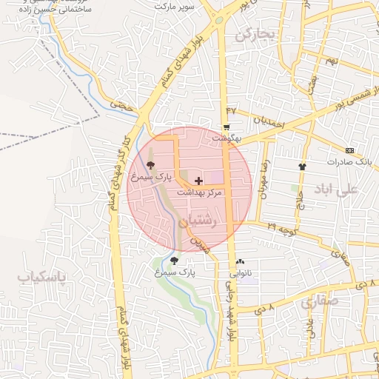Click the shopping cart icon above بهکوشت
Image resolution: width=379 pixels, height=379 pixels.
coord(226,127)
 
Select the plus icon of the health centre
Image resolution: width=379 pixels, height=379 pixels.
coord(198,181)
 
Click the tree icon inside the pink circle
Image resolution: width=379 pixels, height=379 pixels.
coord(151,165)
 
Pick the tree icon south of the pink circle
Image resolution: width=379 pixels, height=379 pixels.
coord(175,261)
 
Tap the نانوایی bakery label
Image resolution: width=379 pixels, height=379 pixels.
coord(240,273)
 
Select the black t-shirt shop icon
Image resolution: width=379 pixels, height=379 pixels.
coord(301,167)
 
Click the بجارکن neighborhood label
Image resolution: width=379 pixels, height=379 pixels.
coord(254,35)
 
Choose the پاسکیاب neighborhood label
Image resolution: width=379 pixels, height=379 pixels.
coord(42,277)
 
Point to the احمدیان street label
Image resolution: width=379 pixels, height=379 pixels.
coord(267,120)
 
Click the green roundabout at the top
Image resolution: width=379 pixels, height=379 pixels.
coord(220,20)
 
